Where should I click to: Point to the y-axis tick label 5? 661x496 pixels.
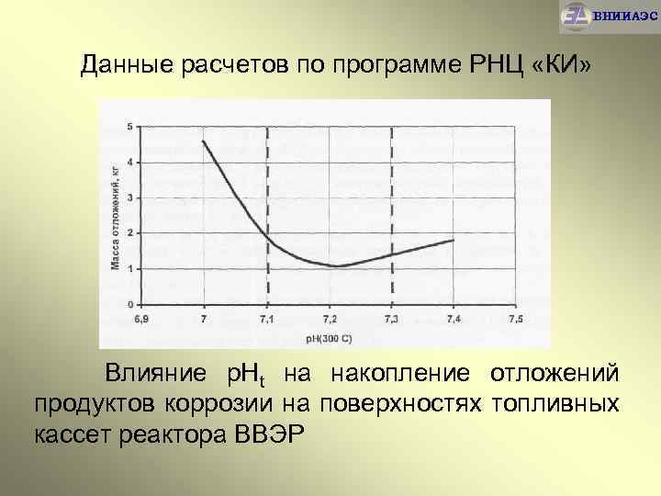pos(129,126)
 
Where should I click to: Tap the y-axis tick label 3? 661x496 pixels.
pos(129,197)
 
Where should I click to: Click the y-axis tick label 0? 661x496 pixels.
pos(129,304)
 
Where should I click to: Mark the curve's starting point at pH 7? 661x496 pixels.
pos(204,141)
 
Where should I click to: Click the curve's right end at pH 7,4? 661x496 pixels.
pos(454,240)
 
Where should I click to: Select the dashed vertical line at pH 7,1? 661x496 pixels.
pos(267,184)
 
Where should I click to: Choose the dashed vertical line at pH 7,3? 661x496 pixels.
pos(392,184)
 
